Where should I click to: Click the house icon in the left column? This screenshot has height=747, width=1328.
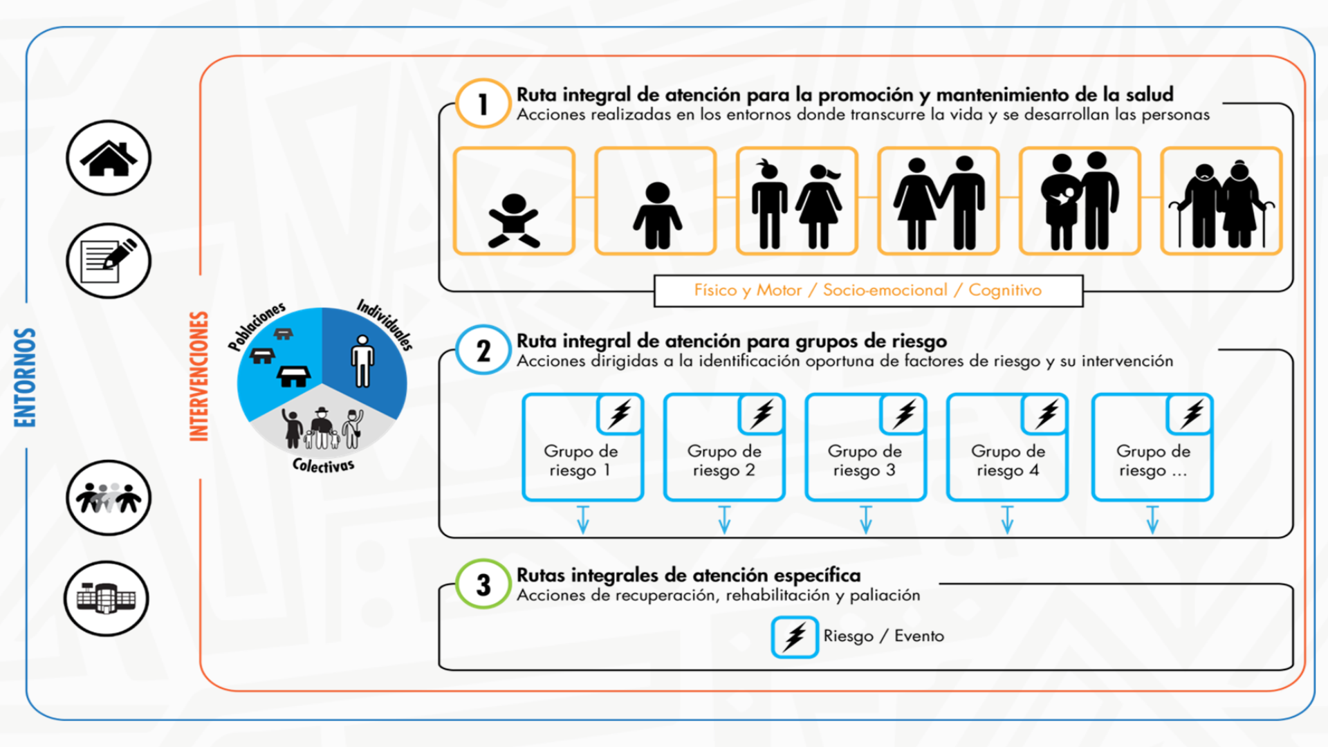tap(109, 158)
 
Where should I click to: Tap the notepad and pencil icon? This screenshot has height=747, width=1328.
tap(109, 261)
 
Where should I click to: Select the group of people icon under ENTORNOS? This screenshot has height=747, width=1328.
tap(109, 498)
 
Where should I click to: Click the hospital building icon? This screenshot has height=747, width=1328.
tap(107, 598)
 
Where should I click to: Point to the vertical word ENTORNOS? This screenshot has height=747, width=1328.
tap(26, 377)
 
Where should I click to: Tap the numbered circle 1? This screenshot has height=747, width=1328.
tap(483, 104)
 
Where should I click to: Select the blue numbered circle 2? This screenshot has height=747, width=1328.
tap(483, 350)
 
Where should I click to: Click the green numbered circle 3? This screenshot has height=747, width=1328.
tap(483, 584)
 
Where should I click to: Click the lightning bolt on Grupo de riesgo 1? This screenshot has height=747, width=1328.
tap(620, 414)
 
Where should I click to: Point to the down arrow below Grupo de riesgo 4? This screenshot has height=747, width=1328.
tap(1007, 519)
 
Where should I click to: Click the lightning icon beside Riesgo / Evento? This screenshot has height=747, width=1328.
tap(795, 636)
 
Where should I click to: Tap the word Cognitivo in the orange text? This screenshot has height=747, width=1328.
tap(1004, 290)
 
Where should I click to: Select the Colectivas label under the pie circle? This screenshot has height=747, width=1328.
tap(323, 465)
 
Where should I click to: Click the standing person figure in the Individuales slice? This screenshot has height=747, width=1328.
tap(362, 360)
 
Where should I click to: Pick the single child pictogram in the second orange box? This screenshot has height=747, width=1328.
tap(657, 215)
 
